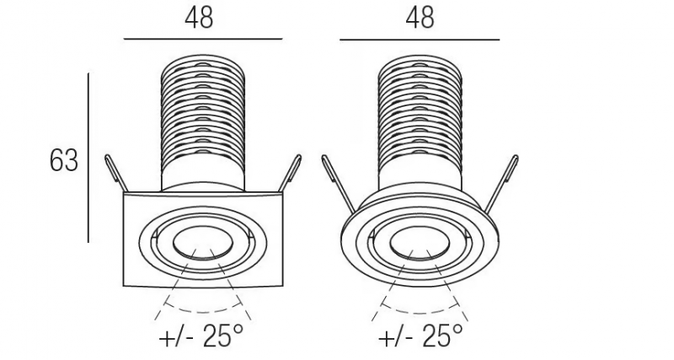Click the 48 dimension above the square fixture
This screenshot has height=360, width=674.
[199, 18]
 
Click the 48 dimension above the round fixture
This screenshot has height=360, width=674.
[420, 18]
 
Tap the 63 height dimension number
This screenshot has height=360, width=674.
[64, 161]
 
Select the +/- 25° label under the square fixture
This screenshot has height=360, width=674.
[201, 336]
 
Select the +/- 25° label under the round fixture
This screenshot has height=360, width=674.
[420, 336]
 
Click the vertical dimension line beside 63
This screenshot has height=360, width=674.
[88, 158]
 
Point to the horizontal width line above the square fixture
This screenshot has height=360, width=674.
[203, 39]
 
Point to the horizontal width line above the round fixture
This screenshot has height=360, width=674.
[420, 40]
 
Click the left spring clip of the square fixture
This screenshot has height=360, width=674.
[115, 173]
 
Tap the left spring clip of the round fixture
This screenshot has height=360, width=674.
[339, 184]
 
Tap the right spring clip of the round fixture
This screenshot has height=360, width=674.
[502, 184]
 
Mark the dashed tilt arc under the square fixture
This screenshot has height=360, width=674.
[203, 311]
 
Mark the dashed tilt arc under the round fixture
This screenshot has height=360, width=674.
[420, 311]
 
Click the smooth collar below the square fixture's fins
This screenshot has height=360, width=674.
[203, 177]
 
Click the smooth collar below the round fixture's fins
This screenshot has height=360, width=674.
[420, 177]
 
